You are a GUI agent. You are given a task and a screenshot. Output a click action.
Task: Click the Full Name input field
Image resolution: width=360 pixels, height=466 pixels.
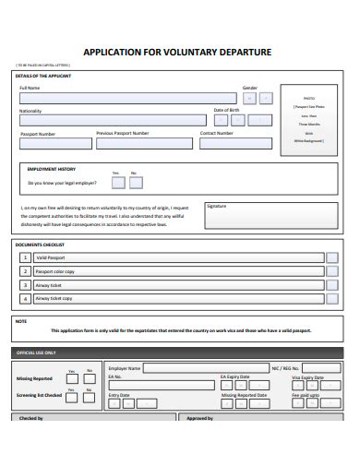[x=127, y=98]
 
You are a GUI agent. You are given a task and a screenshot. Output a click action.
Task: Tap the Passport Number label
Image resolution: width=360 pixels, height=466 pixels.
[x=38, y=134]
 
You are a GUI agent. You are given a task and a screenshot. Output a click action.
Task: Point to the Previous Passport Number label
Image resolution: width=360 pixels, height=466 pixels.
[x=122, y=133]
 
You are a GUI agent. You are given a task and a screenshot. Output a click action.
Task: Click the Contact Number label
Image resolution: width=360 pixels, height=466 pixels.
[x=216, y=133]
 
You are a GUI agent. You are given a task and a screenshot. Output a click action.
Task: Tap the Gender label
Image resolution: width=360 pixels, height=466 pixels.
[x=250, y=88]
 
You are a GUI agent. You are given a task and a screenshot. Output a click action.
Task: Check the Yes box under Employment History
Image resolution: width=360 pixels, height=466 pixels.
[x=116, y=182]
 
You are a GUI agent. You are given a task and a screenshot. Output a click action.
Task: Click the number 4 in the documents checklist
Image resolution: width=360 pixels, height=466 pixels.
[x=25, y=299]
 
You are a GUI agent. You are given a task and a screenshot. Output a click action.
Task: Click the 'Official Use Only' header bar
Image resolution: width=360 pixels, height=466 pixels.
[x=179, y=352]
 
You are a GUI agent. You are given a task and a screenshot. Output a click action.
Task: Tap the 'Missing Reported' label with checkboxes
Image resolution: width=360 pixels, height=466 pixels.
[x=35, y=378]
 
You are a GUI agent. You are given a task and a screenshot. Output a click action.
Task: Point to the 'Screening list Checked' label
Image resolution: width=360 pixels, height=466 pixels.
[x=38, y=395]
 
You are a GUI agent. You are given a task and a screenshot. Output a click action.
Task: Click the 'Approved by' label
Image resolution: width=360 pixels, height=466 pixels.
[x=199, y=418]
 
